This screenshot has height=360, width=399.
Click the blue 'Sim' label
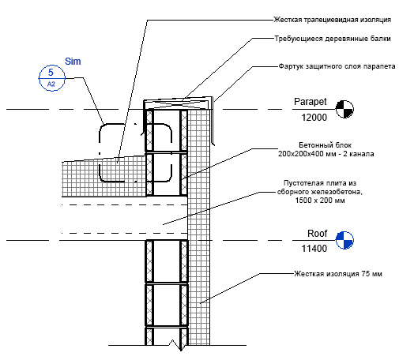coord(73,62)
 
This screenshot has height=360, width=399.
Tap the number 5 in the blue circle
coord(51,73)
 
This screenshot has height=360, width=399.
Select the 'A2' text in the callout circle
coord(51,84)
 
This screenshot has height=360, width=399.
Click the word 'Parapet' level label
coord(311,102)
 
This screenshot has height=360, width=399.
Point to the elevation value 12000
coord(314,118)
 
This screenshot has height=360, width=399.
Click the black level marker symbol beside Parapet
coord(344,109)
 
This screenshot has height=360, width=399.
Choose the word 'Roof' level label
coord(317,234)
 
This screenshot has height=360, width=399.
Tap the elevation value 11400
coord(314,249)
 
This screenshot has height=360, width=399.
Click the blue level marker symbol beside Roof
coord(344,240)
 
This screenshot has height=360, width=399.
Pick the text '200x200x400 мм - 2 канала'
coord(326,154)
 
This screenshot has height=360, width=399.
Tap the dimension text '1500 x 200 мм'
coord(320,201)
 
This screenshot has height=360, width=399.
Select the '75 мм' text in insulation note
coord(371,274)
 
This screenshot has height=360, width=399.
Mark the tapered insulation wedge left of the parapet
coord(104,176)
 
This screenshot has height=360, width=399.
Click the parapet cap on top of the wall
coord(178,103)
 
